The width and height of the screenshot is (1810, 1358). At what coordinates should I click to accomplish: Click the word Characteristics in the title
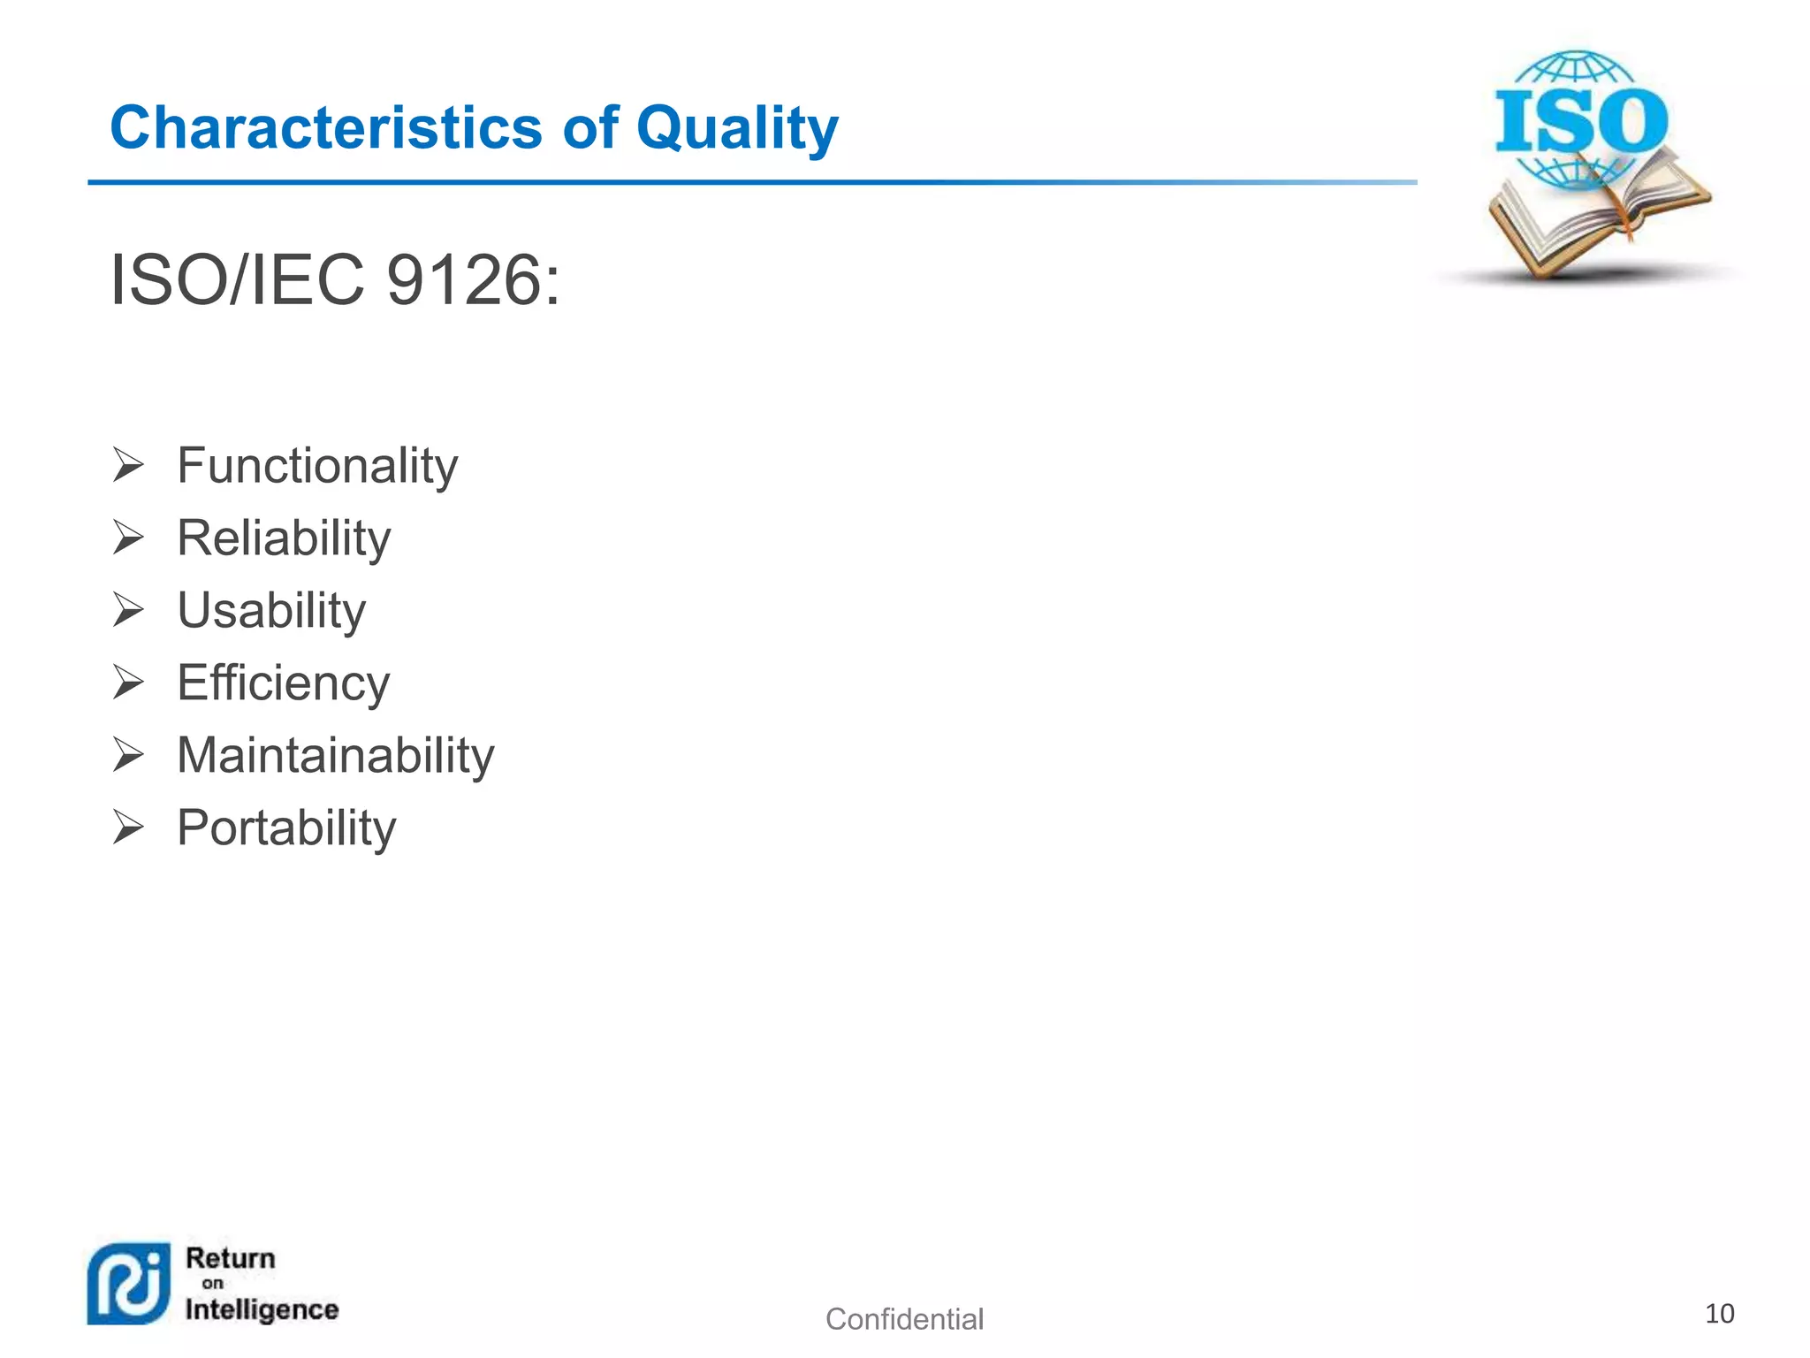[324, 128]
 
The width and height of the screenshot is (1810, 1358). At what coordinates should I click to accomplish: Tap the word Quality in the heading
[736, 130]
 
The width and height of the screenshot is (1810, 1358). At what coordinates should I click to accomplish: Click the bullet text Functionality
[317, 466]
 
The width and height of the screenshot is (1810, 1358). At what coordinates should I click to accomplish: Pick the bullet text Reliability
[284, 538]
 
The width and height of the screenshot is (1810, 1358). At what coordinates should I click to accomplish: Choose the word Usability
[271, 611]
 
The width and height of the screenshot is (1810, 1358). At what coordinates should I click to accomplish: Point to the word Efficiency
[283, 683]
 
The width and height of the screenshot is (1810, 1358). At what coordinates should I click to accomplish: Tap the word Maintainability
[335, 756]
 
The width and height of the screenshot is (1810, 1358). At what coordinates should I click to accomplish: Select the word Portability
[286, 828]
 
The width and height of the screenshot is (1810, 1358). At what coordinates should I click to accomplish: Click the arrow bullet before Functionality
[128, 465]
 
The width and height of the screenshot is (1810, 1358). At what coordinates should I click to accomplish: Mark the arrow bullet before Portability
[128, 828]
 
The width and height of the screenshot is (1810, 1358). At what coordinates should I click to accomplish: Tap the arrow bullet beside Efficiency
[128, 683]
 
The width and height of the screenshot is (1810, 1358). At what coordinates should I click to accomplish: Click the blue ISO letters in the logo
[1581, 121]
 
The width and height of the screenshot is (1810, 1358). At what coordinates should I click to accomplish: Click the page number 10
[1719, 1314]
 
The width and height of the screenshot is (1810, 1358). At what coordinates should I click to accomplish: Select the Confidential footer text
[904, 1319]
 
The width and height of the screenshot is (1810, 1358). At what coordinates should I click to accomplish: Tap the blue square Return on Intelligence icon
[129, 1284]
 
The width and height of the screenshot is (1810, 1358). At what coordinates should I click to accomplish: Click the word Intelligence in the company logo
[262, 1309]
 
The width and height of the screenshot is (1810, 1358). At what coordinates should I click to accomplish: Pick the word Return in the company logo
[231, 1258]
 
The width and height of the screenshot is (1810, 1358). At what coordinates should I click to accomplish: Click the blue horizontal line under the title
[751, 182]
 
